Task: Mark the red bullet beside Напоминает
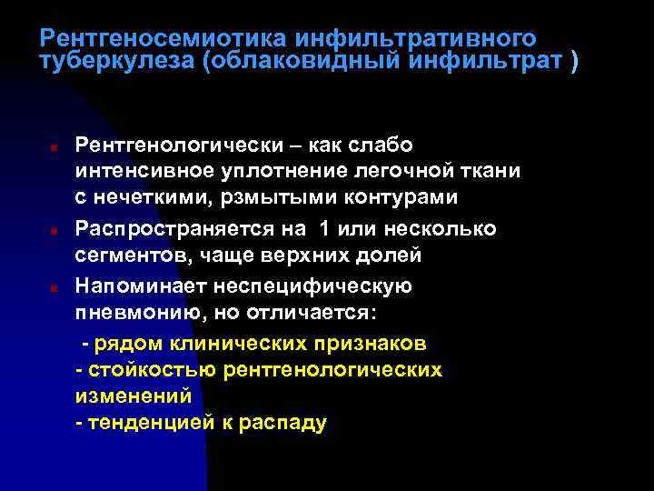pyautogui.click(x=54, y=288)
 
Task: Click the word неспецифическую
pyautogui.click(x=312, y=286)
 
